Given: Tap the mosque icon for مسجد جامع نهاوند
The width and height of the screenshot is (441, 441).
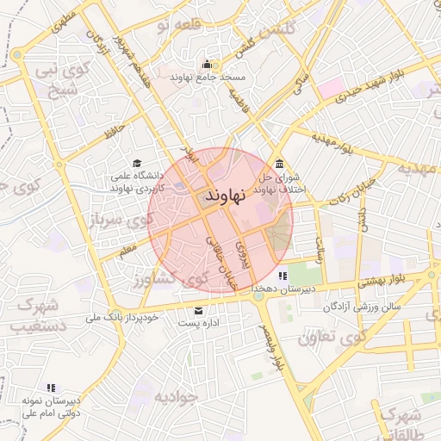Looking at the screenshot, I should click(207, 64).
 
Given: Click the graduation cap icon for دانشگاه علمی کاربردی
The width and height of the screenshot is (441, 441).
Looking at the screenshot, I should click(136, 163).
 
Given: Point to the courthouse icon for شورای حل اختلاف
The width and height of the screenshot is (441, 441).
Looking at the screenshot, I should click(279, 165).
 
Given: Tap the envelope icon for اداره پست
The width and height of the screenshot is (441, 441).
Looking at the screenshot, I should click(200, 310).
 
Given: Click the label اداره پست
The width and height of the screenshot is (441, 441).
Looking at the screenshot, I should click(200, 323).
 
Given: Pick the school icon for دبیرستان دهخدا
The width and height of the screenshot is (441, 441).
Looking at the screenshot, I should click(283, 276).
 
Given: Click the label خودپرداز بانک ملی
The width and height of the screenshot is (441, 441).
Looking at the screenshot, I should click(122, 318).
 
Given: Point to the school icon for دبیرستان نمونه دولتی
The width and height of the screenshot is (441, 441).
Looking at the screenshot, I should click(51, 388).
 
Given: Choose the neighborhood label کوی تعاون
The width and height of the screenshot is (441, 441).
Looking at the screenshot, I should click(326, 338).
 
